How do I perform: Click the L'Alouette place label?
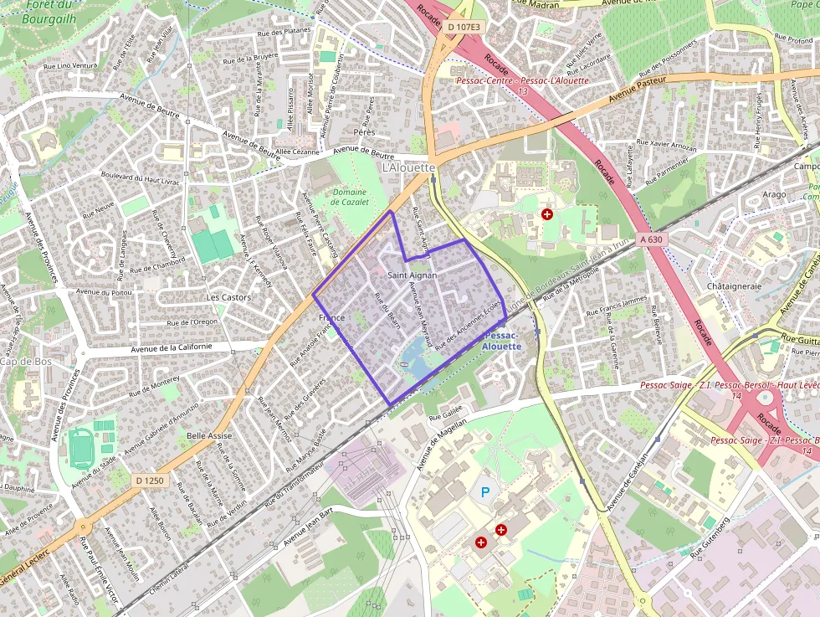408,167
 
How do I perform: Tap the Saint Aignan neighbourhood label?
413,275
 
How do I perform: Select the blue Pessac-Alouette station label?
502,340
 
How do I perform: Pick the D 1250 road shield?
150,481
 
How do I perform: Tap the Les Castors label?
228,297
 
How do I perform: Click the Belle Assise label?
208,435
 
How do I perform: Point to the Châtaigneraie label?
734,286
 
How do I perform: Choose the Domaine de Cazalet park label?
349,197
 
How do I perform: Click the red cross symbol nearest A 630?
548,215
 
